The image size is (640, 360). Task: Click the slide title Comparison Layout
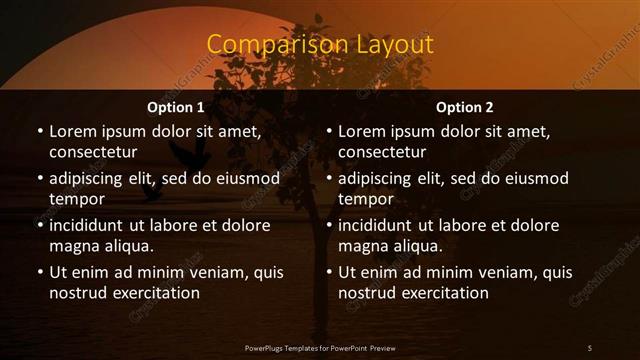[319, 45]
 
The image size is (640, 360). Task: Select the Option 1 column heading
[176, 107]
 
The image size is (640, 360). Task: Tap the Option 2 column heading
[465, 107]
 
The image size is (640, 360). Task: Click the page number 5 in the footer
[589, 347]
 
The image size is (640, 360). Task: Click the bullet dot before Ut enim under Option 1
[39, 272]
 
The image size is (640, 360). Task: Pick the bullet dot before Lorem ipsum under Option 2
[328, 131]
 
